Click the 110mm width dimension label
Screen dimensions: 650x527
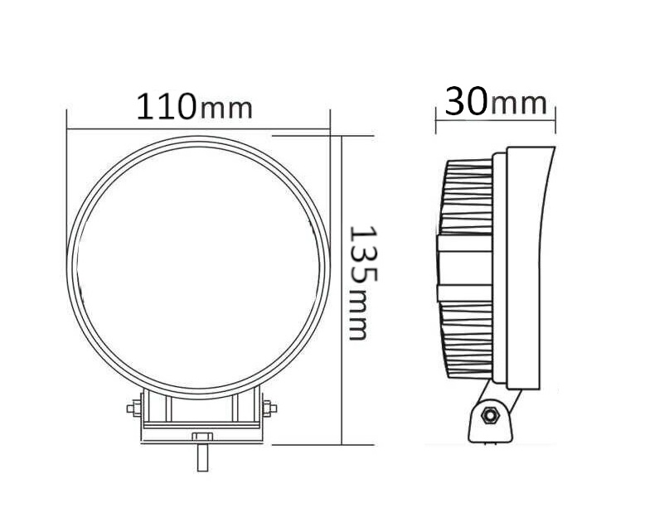[x=194, y=107]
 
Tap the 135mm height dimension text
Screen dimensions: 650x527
[x=362, y=283]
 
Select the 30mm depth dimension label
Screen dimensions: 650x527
[x=496, y=101]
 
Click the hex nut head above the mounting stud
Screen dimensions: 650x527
[x=202, y=438]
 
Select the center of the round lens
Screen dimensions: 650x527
[x=198, y=268]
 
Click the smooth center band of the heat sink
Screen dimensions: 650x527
[x=464, y=268]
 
